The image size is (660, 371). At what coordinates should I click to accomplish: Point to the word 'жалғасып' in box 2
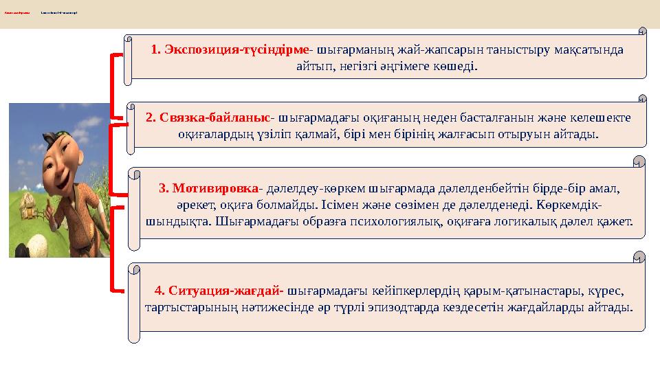pyautogui.click(x=452, y=134)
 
